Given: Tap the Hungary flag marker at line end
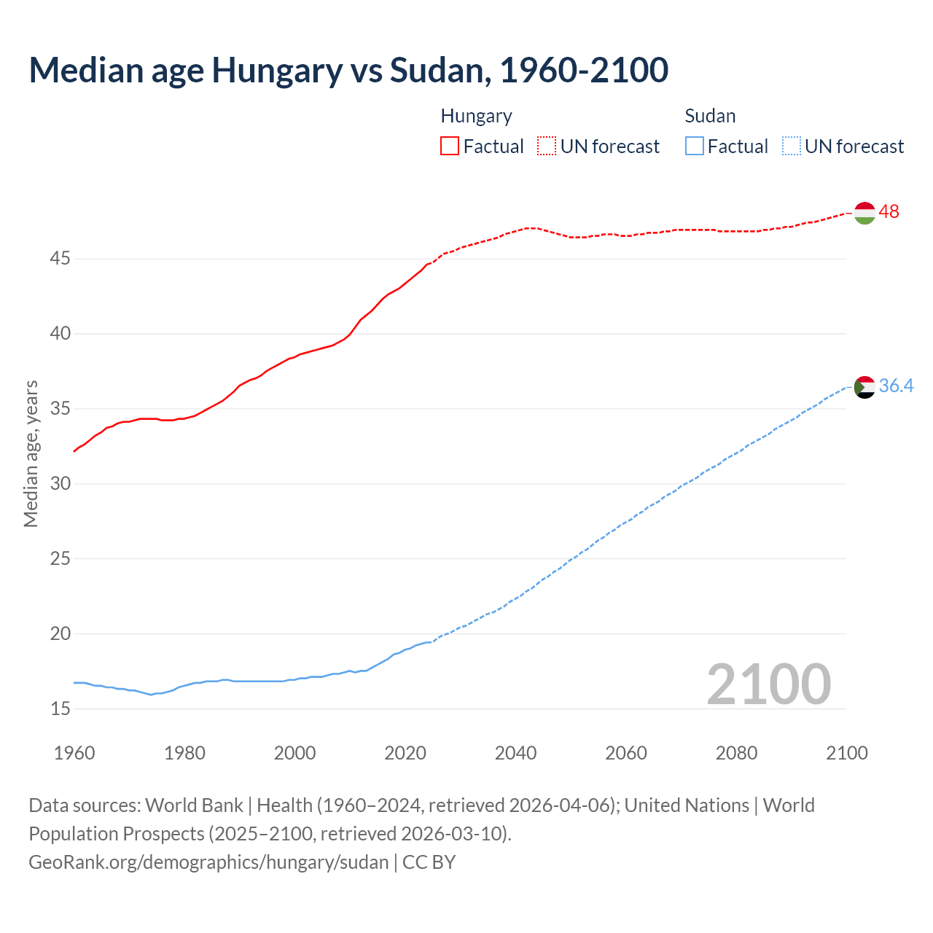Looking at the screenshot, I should point(864,213).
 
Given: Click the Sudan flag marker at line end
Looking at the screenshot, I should point(864,387).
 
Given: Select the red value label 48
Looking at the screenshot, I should point(889,212).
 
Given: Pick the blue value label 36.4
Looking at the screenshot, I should point(896,386).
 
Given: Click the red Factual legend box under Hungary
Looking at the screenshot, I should point(450,147).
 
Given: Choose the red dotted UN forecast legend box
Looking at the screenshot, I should point(547,147).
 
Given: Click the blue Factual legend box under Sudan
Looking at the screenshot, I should point(695,147).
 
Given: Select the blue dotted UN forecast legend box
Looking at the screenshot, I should point(791,147).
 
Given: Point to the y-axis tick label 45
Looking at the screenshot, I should point(60,259).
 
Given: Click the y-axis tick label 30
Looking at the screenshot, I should point(60,484).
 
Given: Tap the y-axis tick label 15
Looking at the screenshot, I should point(60,708).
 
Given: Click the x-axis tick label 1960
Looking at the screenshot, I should point(74,753).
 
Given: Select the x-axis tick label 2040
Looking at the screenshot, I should point(515,753).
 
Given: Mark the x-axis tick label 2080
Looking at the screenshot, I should point(736,753).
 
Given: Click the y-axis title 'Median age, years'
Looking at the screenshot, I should point(31,453).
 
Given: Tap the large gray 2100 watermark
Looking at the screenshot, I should point(768,684).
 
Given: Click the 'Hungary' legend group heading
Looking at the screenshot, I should point(476,117).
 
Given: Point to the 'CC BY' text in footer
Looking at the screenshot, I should point(429,862).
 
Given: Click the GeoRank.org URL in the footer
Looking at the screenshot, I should point(208,862).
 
